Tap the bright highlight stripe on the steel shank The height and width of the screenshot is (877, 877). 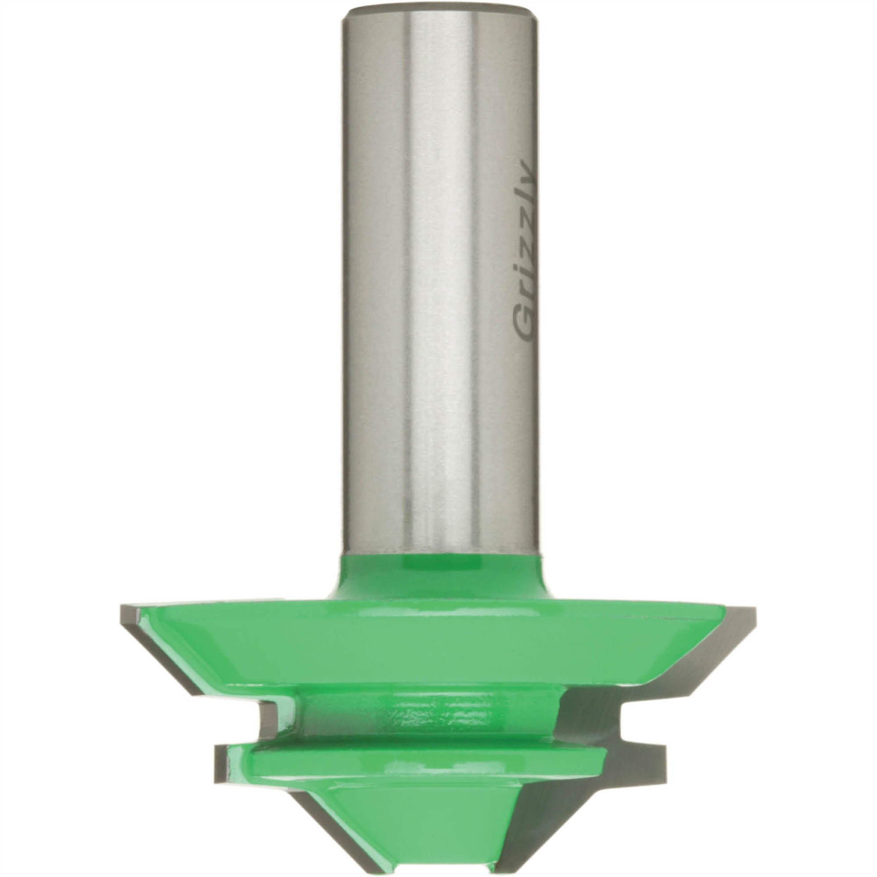(436, 272)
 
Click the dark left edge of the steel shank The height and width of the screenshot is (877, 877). (347, 272)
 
